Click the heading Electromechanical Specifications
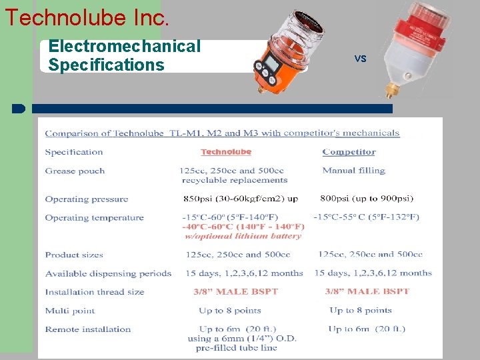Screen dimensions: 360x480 pyautogui.click(x=124, y=55)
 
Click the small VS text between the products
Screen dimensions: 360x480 pyautogui.click(x=361, y=59)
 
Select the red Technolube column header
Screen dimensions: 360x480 pyautogui.click(x=226, y=152)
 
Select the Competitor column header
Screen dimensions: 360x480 pyautogui.click(x=349, y=152)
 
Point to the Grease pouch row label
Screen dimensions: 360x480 pyautogui.click(x=75, y=171)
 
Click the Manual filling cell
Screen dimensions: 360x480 pyautogui.click(x=353, y=171)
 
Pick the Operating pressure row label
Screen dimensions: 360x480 pyautogui.click(x=86, y=199)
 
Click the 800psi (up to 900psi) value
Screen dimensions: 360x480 pyautogui.click(x=367, y=199)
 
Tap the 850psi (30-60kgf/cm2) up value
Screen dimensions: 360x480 pyautogui.click(x=239, y=199)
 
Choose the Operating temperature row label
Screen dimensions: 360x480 pyautogui.click(x=94, y=217)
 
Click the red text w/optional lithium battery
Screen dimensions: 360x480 pyautogui.click(x=243, y=236)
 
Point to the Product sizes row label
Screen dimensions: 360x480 pyautogui.click(x=75, y=255)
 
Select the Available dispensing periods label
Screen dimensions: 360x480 pyautogui.click(x=108, y=273)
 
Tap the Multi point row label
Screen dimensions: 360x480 pyautogui.click(x=70, y=311)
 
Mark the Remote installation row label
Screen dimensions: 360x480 pyautogui.click(x=87, y=329)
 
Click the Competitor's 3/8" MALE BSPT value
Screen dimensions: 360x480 pyautogui.click(x=367, y=292)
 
